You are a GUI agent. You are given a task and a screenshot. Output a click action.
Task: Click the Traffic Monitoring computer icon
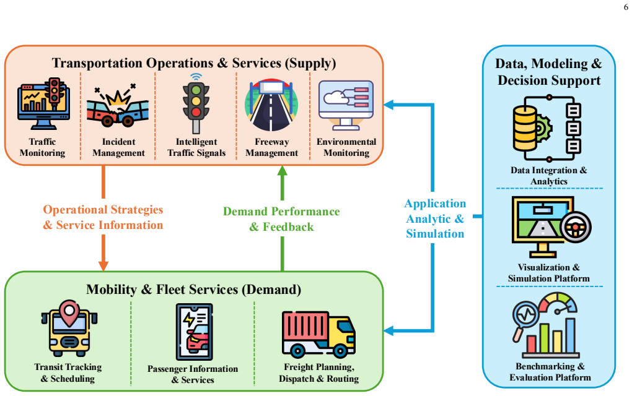click(43, 103)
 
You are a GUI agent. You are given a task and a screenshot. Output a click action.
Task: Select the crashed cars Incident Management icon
click(118, 105)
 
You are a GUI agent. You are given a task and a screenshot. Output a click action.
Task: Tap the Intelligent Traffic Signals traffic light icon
click(196, 103)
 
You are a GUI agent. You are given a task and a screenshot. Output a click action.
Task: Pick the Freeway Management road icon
click(271, 105)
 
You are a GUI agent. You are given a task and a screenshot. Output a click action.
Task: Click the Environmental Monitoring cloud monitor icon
click(346, 105)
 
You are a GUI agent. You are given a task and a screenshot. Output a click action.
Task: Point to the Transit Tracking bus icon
click(69, 328)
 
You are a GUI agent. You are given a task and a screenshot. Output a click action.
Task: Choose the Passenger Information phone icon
click(195, 332)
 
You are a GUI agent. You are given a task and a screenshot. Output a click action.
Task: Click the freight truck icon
click(318, 334)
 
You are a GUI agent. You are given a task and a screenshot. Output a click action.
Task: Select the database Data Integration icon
click(547, 128)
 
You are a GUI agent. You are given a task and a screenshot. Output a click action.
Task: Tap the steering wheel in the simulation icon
click(575, 227)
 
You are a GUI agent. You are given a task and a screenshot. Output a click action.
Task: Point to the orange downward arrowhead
click(103, 265)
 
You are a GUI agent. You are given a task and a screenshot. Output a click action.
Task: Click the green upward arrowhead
click(282, 171)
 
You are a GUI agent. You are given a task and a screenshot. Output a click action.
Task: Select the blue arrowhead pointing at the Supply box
click(388, 105)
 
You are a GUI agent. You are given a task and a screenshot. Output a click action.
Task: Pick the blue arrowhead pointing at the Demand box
click(388, 331)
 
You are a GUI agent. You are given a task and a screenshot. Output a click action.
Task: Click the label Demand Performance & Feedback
click(281, 219)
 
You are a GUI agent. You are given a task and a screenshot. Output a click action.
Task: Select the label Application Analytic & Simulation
click(435, 218)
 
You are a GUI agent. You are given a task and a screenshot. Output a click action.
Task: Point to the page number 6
click(626, 7)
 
